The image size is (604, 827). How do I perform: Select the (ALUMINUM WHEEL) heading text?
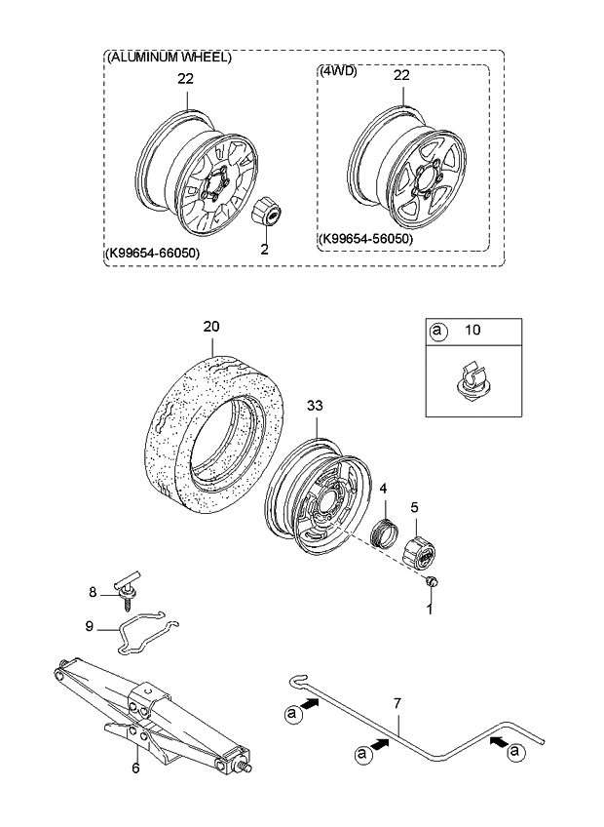pos(169,59)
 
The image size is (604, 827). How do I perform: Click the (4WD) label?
pos(340,71)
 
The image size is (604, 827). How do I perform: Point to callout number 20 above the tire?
pos(212,328)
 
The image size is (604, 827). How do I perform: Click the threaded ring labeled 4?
pos(383,532)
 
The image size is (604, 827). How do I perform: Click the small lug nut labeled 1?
pos(434,582)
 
